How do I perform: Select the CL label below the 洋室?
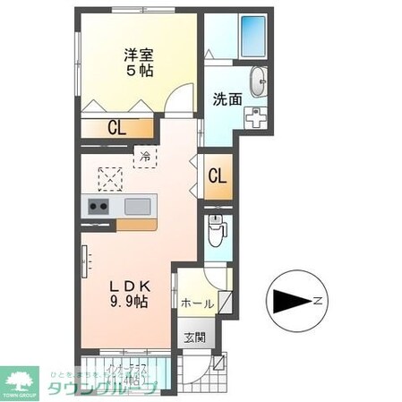tap(117, 128)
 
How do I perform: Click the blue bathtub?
tap(248, 37)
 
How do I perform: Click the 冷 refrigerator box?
tap(144, 157)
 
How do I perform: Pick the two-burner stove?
tap(98, 208)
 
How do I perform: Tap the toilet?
tap(216, 230)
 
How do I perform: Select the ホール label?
tap(196, 304)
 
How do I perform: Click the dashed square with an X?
tap(109, 179)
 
